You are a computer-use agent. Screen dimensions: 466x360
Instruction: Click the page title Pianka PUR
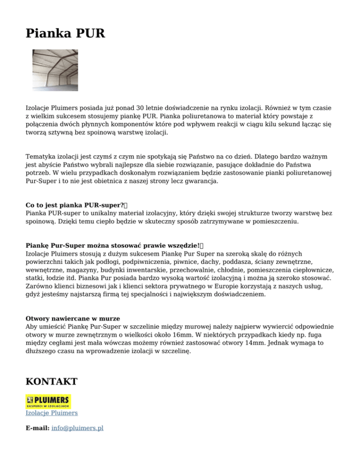click(66, 34)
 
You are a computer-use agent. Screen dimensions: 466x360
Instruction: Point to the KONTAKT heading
click(52, 382)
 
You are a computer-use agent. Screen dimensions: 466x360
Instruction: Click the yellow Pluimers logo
click(48, 401)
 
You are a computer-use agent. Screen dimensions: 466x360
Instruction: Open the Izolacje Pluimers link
click(52, 413)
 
